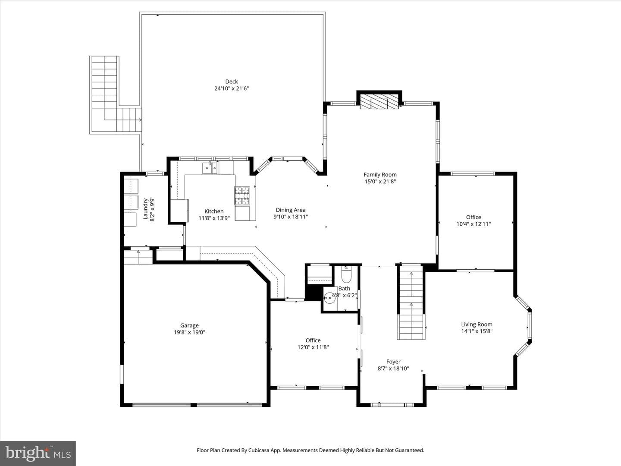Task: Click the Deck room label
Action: pyautogui.click(x=232, y=82)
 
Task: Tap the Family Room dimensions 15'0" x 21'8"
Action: pyautogui.click(x=380, y=181)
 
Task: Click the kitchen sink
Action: pyautogui.click(x=210, y=168)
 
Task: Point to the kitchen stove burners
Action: pyautogui.click(x=242, y=195)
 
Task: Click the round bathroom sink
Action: pyautogui.click(x=329, y=298)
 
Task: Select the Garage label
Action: pyautogui.click(x=189, y=325)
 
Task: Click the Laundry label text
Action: pyautogui.click(x=146, y=208)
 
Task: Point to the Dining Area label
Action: pyautogui.click(x=291, y=210)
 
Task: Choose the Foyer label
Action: pyautogui.click(x=393, y=362)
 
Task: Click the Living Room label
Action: pyautogui.click(x=477, y=324)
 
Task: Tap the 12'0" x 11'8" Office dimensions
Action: pyautogui.click(x=313, y=347)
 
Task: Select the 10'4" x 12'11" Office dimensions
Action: pyautogui.click(x=474, y=224)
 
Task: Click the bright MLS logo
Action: pyautogui.click(x=38, y=453)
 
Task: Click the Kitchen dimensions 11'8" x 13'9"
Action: pyautogui.click(x=214, y=218)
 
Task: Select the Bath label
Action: pyautogui.click(x=344, y=288)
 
